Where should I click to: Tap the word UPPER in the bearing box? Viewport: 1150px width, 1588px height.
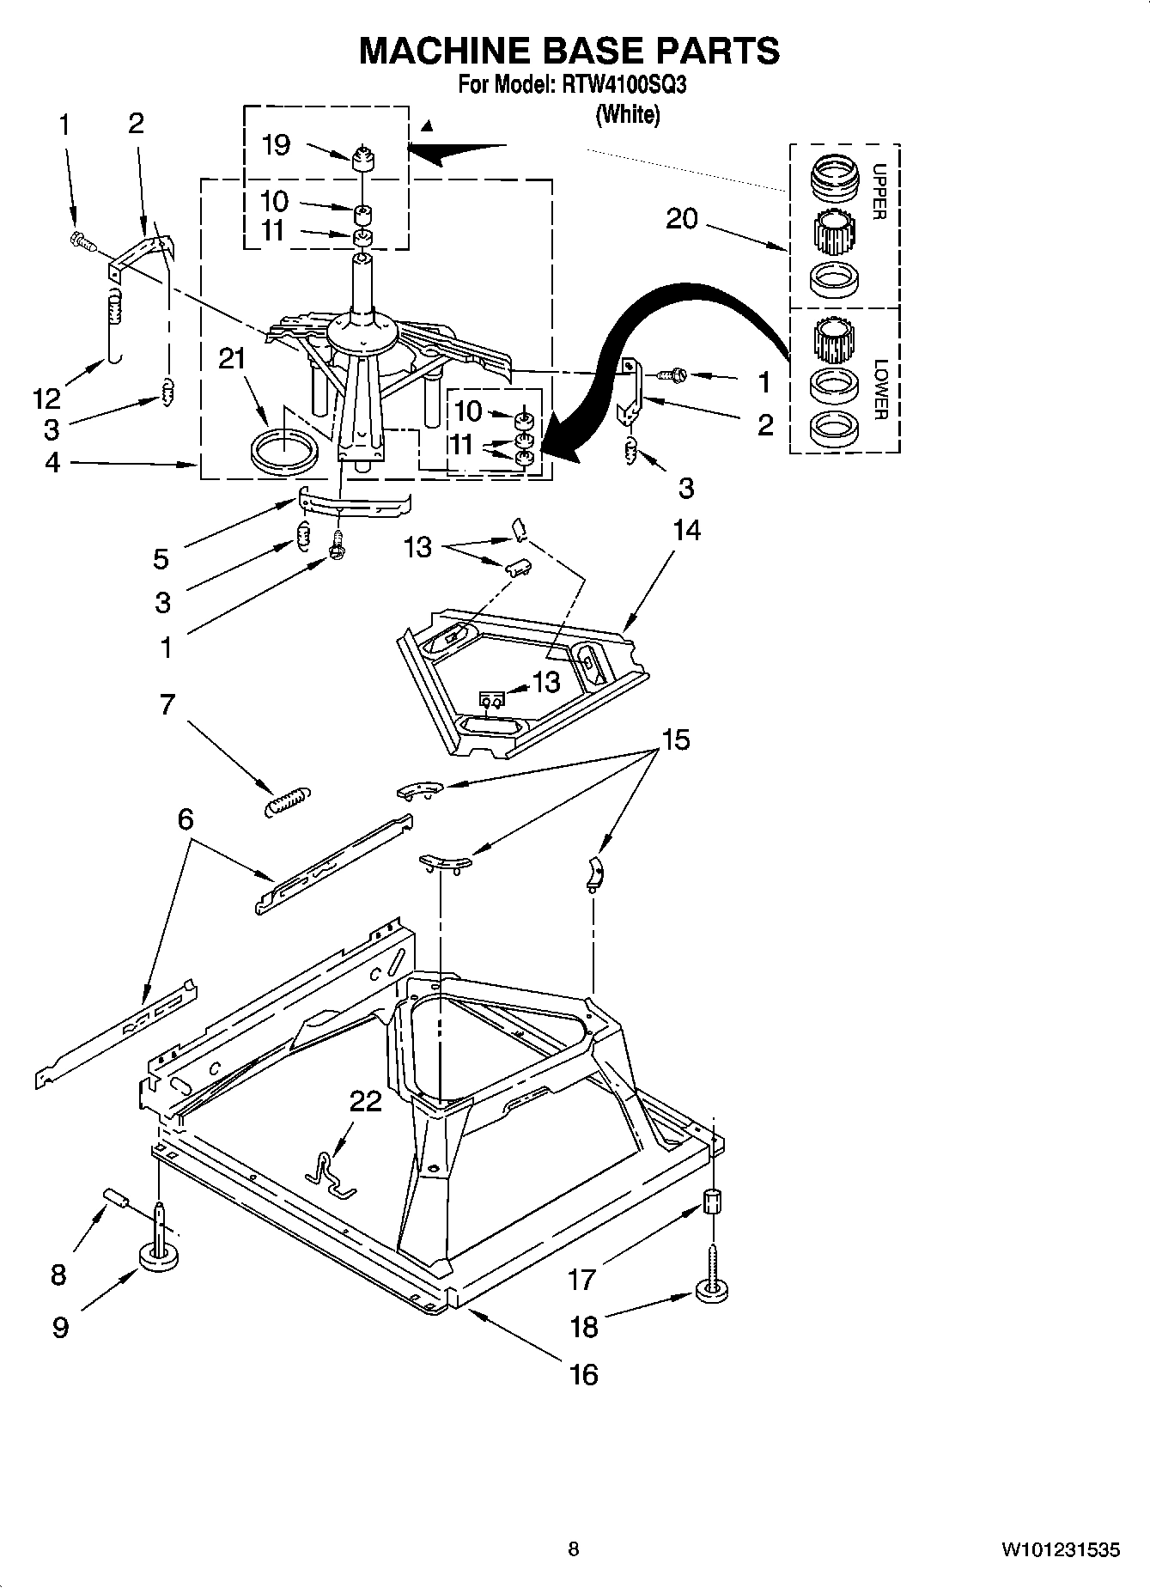pyautogui.click(x=878, y=191)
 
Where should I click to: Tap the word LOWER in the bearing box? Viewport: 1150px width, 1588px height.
pyautogui.click(x=878, y=389)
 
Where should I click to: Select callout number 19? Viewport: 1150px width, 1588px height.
pyautogui.click(x=276, y=144)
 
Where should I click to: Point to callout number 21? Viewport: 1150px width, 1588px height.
pyautogui.click(x=232, y=358)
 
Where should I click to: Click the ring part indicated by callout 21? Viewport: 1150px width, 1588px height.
pyautogui.click(x=284, y=451)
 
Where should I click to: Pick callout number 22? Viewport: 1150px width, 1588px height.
pyautogui.click(x=365, y=1100)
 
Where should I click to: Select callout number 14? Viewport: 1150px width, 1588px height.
pyautogui.click(x=685, y=532)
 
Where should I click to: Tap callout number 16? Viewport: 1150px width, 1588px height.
pyautogui.click(x=583, y=1373)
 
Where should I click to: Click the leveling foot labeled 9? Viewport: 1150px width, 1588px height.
pyautogui.click(x=160, y=1258)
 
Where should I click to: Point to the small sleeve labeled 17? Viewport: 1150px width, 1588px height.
pyautogui.click(x=712, y=1201)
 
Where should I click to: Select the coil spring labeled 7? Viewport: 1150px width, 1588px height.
pyautogui.click(x=288, y=800)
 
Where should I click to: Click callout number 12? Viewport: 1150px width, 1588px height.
pyautogui.click(x=47, y=398)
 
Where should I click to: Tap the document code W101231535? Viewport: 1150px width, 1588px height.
pyautogui.click(x=1060, y=1549)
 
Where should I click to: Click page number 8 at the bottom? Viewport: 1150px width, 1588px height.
pyautogui.click(x=574, y=1549)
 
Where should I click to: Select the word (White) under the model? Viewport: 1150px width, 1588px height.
pyautogui.click(x=628, y=114)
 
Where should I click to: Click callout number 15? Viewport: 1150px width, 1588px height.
pyautogui.click(x=676, y=739)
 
